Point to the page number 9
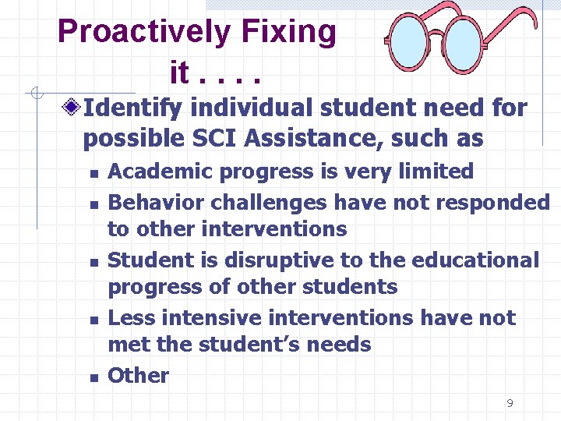[510, 403]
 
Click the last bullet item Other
[138, 375]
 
